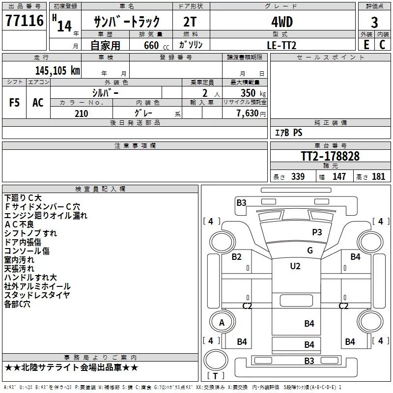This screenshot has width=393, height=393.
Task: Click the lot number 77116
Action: click(x=25, y=21)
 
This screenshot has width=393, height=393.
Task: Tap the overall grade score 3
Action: click(x=374, y=23)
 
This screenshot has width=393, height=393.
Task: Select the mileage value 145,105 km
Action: click(x=57, y=70)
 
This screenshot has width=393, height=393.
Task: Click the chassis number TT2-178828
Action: click(x=330, y=156)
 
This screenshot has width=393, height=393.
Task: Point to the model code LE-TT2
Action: click(x=281, y=45)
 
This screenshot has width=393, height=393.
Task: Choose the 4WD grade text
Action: click(x=282, y=22)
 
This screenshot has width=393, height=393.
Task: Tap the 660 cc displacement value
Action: click(x=156, y=45)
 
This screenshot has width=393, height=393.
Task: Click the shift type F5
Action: click(x=14, y=103)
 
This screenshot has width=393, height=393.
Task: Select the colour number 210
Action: click(x=81, y=113)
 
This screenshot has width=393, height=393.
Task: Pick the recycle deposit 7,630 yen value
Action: click(x=251, y=113)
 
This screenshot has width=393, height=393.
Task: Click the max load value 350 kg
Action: click(x=253, y=93)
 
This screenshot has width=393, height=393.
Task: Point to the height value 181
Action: click(x=378, y=176)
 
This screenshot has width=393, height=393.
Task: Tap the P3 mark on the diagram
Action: click(x=317, y=232)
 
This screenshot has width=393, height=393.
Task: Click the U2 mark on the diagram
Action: click(x=295, y=266)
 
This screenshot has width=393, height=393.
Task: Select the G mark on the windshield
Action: click(x=310, y=250)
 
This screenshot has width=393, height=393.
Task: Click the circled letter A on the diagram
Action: click(x=222, y=323)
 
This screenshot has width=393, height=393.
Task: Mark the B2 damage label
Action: click(x=236, y=256)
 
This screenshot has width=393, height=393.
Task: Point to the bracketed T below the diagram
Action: click(x=215, y=376)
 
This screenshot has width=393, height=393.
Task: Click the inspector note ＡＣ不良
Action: click(x=19, y=225)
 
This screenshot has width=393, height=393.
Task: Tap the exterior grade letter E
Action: click(x=366, y=45)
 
